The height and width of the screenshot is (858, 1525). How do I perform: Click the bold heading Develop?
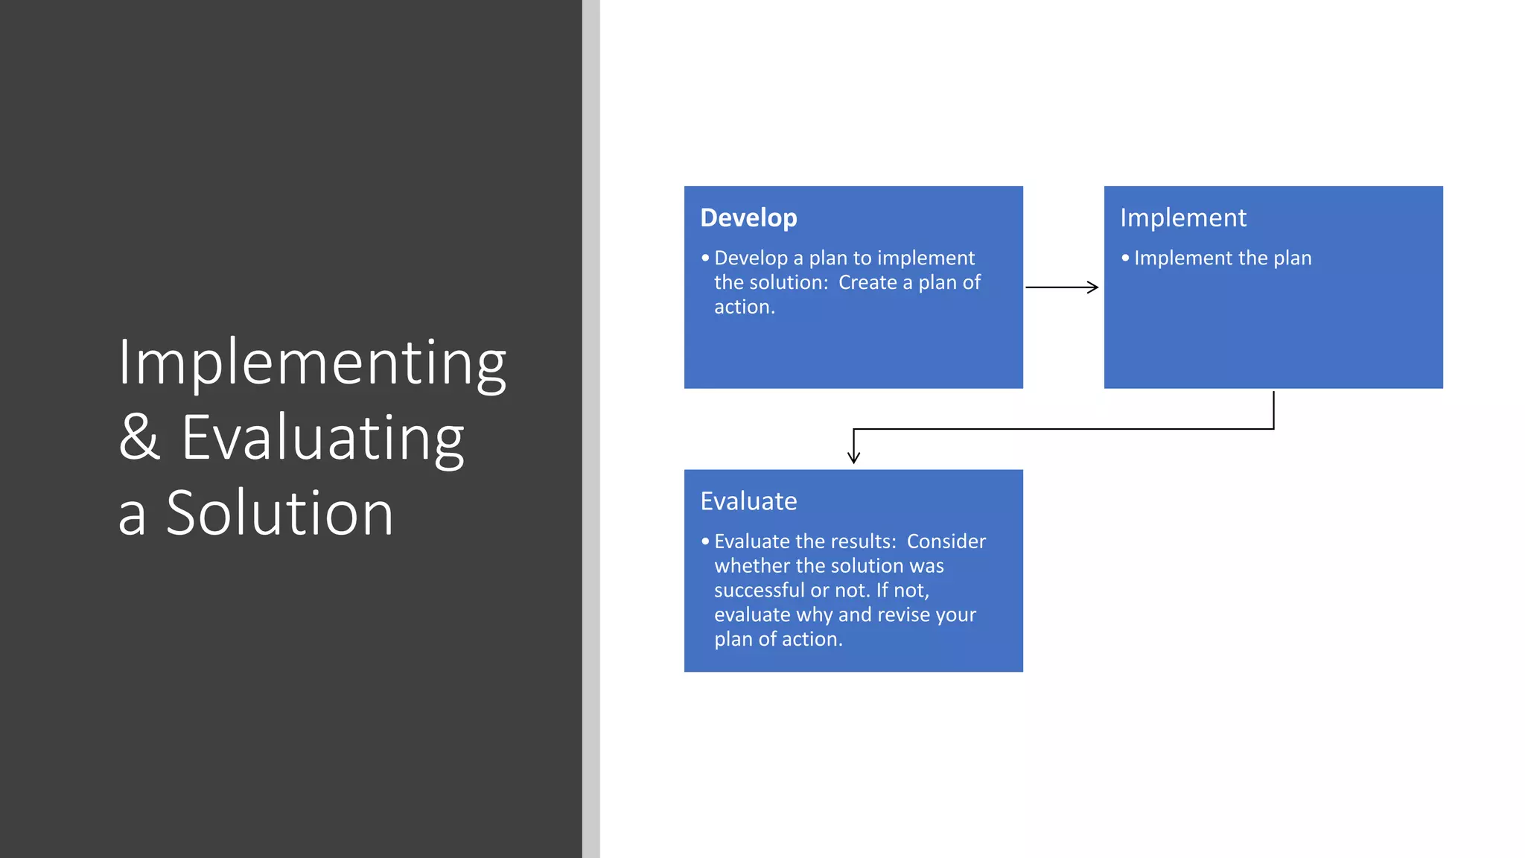pos(748,217)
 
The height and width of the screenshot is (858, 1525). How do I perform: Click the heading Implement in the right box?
pos(1182,217)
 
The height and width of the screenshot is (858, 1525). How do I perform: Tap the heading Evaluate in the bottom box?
pos(748,501)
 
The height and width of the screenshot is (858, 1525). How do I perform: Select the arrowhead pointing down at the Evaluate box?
pos(853,457)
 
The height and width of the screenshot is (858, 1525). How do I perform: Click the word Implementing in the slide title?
pos(312,363)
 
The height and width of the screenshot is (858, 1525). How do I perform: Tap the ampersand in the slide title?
pos(139,437)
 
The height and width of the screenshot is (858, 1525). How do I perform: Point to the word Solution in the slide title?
pos(279,513)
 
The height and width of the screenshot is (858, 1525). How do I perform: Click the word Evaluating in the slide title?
pos(322,439)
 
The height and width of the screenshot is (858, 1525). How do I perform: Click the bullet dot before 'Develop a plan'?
pos(705,258)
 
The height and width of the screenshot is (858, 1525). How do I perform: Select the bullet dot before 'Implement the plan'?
pos(1125,258)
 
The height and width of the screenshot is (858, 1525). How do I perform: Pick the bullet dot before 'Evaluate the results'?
pos(705,541)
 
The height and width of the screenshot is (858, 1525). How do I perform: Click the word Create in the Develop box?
pos(867,283)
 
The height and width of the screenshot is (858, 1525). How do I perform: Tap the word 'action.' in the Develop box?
pos(745,308)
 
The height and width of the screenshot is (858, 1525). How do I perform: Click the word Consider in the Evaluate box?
pos(946,541)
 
